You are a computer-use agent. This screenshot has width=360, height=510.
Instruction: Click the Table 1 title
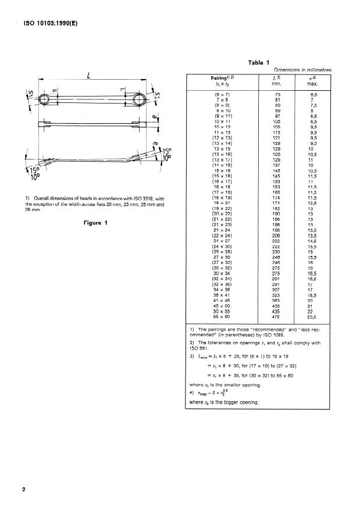tap(259, 62)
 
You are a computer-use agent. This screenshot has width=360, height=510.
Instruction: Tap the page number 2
tap(24, 489)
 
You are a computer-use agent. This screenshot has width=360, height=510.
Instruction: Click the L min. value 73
tap(279, 94)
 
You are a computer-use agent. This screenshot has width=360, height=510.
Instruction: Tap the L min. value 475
tap(279, 318)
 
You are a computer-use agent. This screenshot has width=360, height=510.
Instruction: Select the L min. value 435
tap(279, 313)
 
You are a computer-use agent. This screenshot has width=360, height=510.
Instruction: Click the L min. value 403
tap(279, 308)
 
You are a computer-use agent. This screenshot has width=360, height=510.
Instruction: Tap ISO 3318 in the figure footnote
tap(139, 199)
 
